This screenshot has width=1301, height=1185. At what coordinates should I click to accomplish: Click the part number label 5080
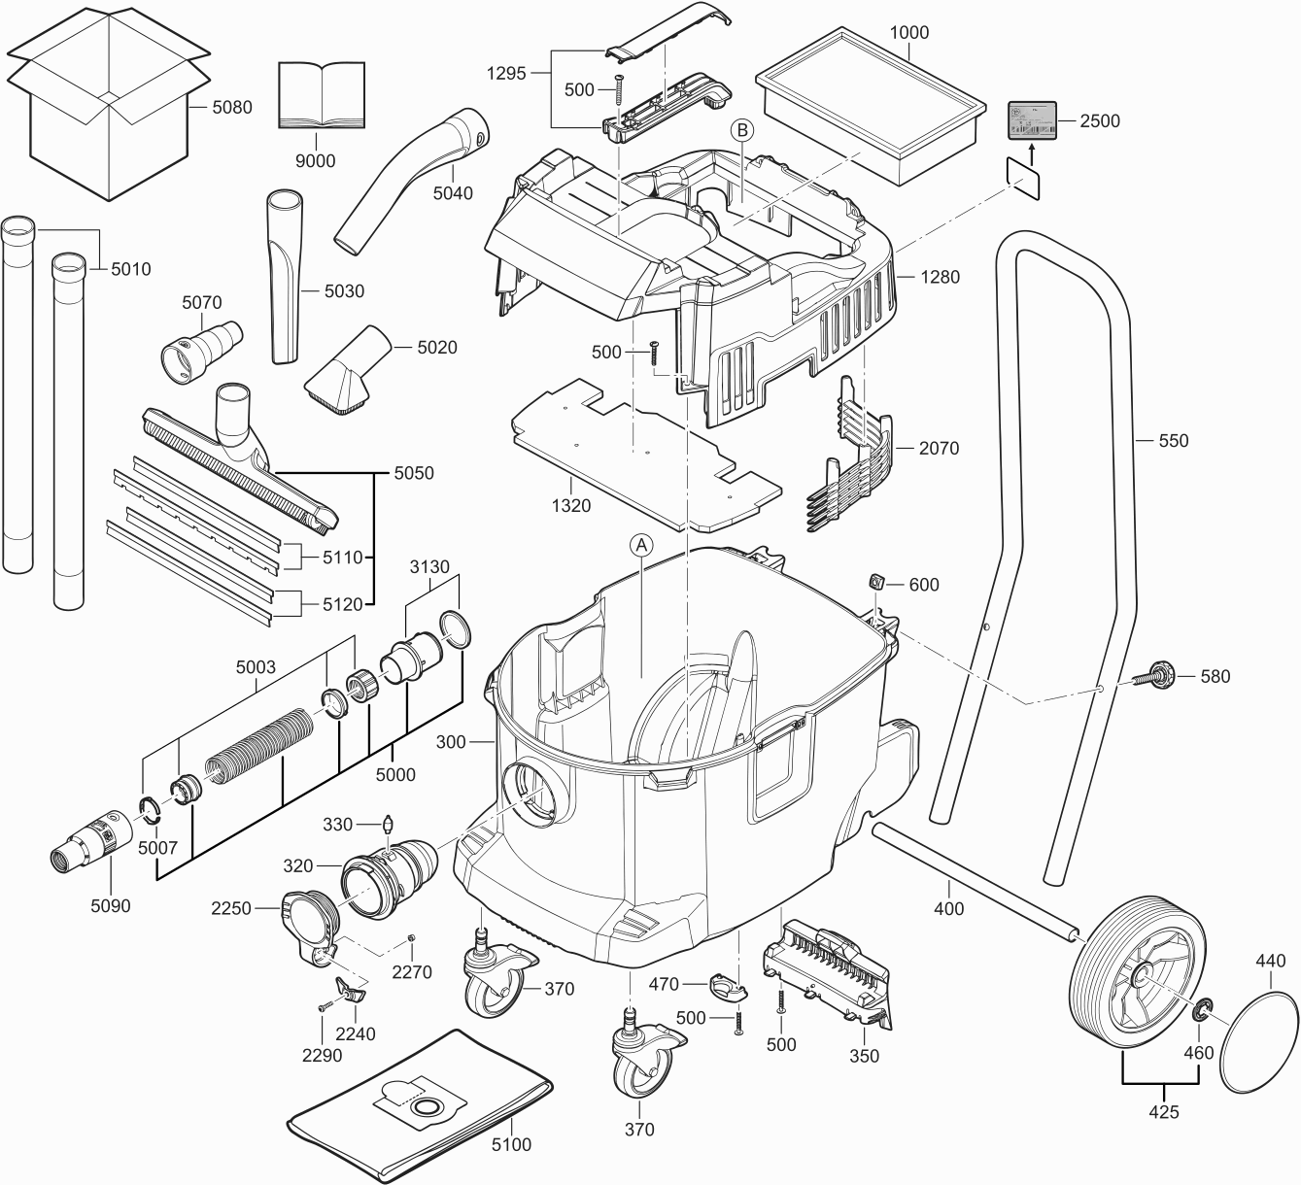tap(232, 108)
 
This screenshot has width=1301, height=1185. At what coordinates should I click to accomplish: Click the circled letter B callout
tap(742, 128)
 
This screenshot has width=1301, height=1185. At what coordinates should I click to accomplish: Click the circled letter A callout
tap(641, 546)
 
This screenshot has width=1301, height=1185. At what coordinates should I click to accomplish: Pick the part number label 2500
tap(1101, 121)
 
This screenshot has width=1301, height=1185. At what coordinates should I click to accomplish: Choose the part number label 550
tap(1174, 440)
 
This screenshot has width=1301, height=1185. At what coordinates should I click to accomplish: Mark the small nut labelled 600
tap(875, 583)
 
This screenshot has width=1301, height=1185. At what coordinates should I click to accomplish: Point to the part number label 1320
tap(570, 505)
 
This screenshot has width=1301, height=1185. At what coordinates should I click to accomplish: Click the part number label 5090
tap(110, 905)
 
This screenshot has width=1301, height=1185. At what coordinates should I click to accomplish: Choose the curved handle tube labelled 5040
tap(408, 180)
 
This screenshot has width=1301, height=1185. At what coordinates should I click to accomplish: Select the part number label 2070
tap(939, 448)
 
